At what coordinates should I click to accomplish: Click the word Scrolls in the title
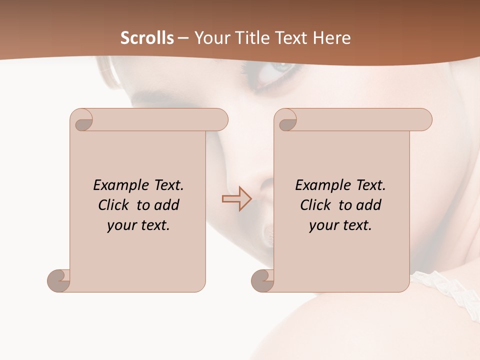coord(147,38)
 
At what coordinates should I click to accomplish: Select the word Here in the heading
coord(332,38)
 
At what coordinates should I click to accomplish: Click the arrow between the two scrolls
coord(236,199)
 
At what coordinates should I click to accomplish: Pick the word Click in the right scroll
coord(315,205)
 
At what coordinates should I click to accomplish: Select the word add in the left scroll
coord(167,205)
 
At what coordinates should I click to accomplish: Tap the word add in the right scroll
coord(369,205)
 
